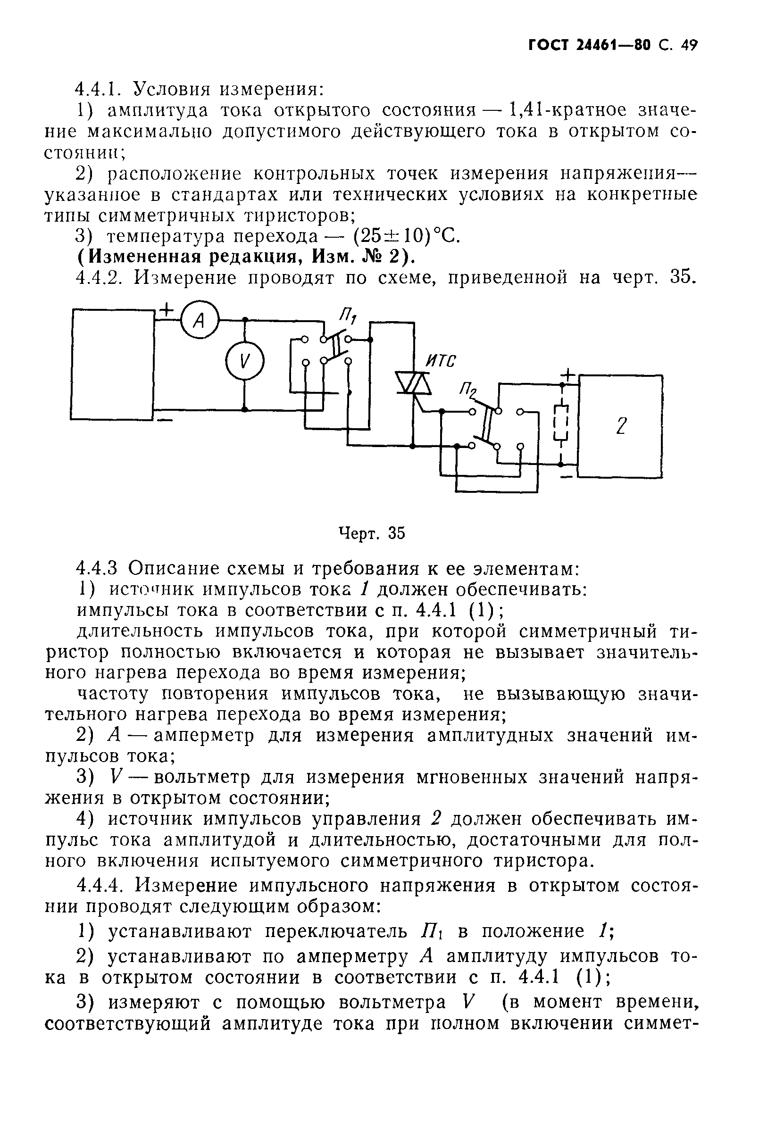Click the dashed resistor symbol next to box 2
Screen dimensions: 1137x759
(561, 423)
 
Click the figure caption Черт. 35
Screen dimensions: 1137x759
(371, 533)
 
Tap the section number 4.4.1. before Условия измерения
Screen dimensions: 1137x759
(99, 89)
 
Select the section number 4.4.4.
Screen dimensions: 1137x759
(103, 886)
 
